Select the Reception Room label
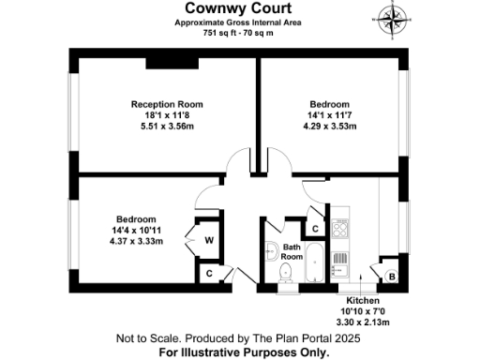coord(167,104)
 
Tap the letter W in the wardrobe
coord(209,240)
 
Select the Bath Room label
coord(292,251)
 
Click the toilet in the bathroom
coord(288,272)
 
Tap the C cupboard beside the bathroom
coord(316,228)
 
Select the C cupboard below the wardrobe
coord(209,273)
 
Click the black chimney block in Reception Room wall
coord(169,64)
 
